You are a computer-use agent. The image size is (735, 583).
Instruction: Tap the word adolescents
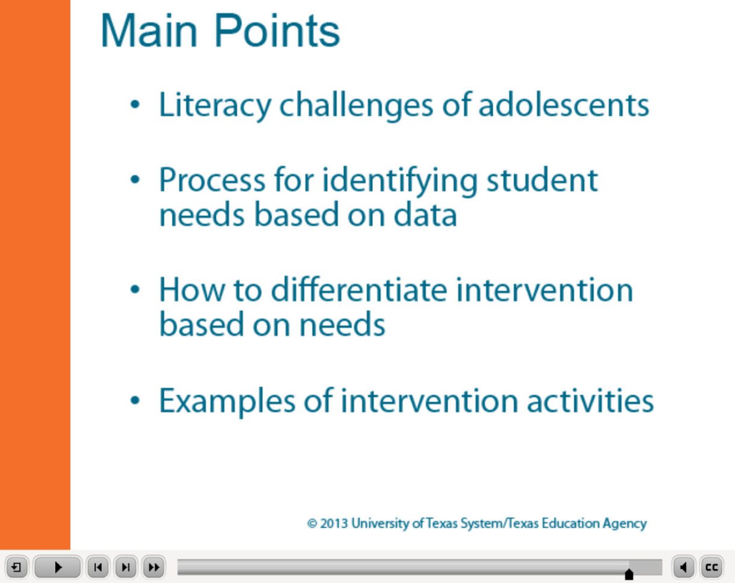(564, 105)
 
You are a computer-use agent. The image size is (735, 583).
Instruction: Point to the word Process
(212, 180)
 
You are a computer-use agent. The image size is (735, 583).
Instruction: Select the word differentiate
(359, 290)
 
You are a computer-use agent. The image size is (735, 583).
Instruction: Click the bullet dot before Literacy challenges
(137, 106)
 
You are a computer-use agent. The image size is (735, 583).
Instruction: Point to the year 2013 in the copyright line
(334, 523)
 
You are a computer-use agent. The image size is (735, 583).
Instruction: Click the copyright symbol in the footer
(312, 523)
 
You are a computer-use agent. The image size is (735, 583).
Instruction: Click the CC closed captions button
(712, 567)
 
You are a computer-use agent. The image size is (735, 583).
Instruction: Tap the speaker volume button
(683, 567)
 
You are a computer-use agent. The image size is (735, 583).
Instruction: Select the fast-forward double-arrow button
(153, 567)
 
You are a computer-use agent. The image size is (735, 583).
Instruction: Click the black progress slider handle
(629, 574)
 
